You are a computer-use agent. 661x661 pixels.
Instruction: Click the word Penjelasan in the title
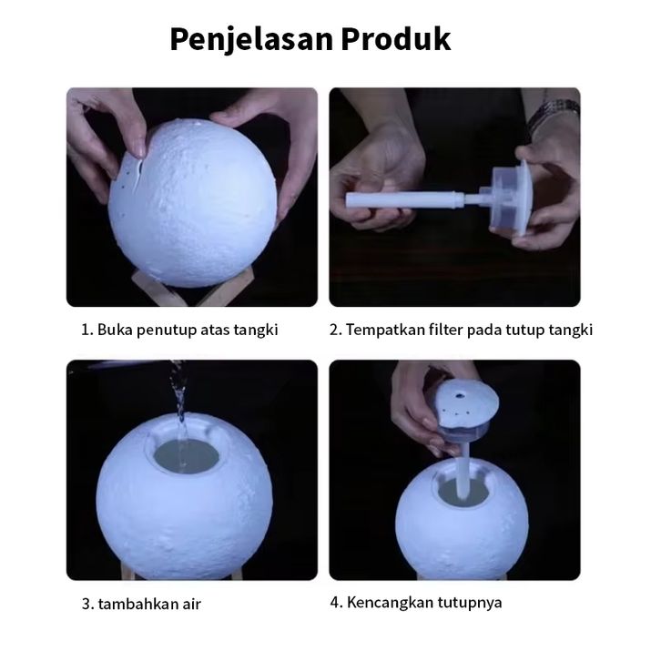[x=251, y=40]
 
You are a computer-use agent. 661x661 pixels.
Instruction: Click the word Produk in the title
[x=396, y=39]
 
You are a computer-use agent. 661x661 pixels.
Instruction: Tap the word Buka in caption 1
[x=115, y=330]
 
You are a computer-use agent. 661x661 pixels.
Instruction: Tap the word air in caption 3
[x=192, y=604]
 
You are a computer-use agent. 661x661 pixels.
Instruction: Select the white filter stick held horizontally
[x=404, y=199]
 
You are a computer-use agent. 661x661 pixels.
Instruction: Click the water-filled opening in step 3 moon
[x=187, y=457]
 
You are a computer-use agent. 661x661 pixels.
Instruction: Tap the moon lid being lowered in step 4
[x=466, y=411]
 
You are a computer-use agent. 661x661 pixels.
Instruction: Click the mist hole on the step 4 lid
[x=460, y=395]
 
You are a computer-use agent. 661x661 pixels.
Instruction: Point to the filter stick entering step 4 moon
[x=463, y=470]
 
